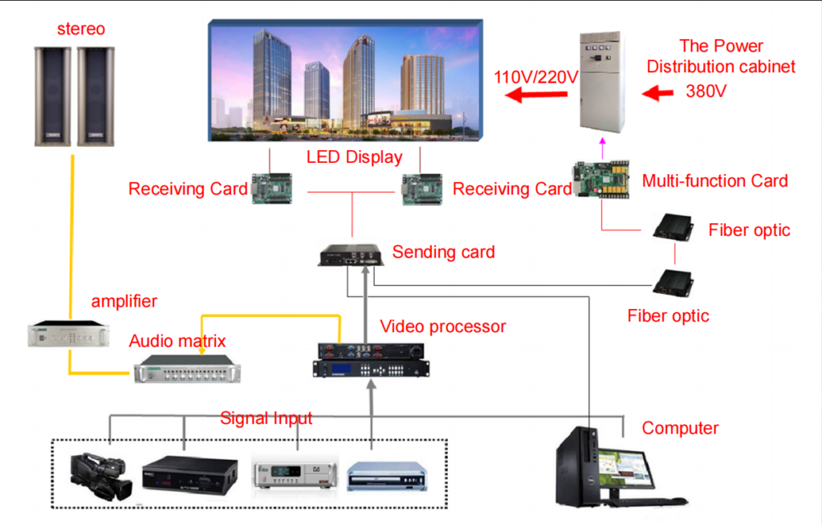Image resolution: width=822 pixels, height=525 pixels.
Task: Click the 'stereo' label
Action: point(81,30)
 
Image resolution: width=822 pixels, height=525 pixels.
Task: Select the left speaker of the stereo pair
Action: point(52,96)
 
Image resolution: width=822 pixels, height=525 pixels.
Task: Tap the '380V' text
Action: point(706,91)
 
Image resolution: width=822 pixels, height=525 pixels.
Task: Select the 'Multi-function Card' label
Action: point(714,181)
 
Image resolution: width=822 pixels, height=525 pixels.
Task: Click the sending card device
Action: point(351,255)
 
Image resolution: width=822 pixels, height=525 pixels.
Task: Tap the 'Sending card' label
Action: point(443,252)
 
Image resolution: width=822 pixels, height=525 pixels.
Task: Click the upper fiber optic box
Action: point(673,229)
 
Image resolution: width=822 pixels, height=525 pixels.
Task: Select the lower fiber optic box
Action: point(673,282)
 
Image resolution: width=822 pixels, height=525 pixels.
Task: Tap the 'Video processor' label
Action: point(443,327)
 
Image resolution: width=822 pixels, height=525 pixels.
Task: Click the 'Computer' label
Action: point(680,428)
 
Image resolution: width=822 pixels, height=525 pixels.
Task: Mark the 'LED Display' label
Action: point(354,157)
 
